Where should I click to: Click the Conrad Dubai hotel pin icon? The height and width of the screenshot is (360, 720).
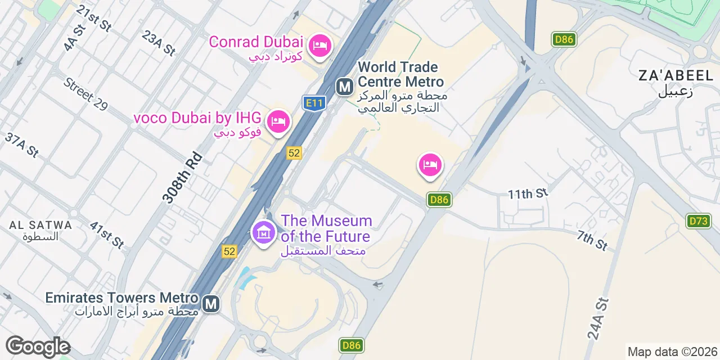[x=320, y=46]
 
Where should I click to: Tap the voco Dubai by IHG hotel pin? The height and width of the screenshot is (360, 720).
[x=278, y=121]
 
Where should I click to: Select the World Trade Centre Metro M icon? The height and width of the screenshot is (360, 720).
[x=344, y=87]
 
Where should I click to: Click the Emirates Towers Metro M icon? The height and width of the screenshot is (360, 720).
[x=211, y=304]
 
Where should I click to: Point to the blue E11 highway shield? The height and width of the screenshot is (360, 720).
[x=314, y=103]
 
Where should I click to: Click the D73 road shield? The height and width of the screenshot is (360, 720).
[x=698, y=221]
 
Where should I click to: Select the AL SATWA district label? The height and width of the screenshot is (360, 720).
[x=40, y=226]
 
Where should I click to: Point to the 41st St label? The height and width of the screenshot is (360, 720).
[x=107, y=235]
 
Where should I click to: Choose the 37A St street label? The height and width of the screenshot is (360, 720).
[x=21, y=145]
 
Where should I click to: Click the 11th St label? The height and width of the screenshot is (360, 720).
[x=528, y=194]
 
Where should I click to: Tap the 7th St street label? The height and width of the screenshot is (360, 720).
[x=592, y=240]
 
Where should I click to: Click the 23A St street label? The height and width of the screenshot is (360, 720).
[x=159, y=43]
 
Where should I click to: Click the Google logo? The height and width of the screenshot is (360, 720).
[x=38, y=346]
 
